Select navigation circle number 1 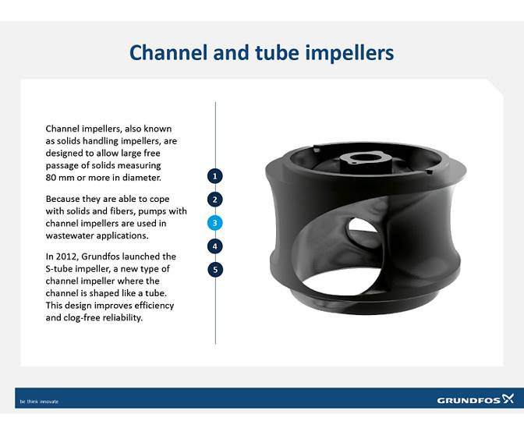(216, 175)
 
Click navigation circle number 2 (216, 200)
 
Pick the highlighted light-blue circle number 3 (216, 223)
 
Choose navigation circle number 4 (216, 246)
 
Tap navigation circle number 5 (216, 270)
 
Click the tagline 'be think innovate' (39, 401)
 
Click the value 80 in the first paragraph (52, 177)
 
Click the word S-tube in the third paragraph (60, 269)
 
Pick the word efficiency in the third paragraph (153, 305)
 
